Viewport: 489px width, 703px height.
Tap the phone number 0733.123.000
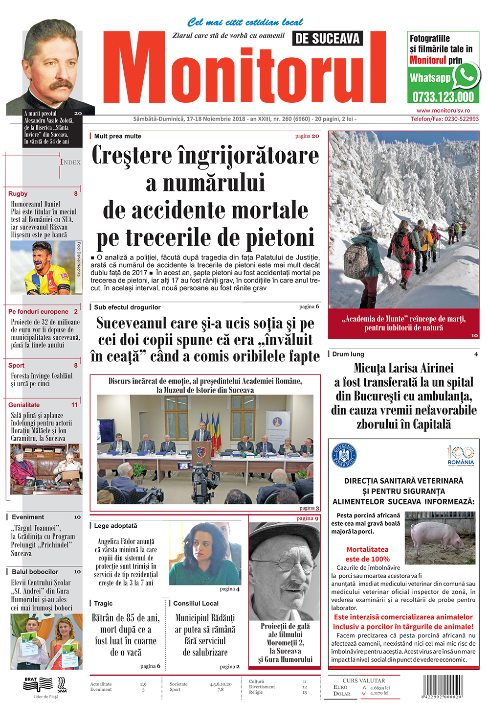pyautogui.click(x=443, y=96)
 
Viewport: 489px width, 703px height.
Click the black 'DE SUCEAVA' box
pyautogui.click(x=328, y=38)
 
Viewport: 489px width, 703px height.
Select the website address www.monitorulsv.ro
pyautogui.click(x=443, y=111)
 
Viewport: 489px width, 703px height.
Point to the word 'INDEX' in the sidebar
pyautogui.click(x=70, y=162)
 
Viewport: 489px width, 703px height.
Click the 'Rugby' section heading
pyautogui.click(x=18, y=193)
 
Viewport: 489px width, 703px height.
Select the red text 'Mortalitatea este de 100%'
pyautogui.click(x=367, y=554)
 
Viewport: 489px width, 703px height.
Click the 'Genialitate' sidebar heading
pyautogui.click(x=24, y=405)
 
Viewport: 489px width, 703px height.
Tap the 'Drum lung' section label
pyautogui.click(x=348, y=354)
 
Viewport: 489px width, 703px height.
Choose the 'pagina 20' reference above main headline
pyautogui.click(x=307, y=136)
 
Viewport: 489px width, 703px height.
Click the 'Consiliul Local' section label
pyautogui.click(x=196, y=604)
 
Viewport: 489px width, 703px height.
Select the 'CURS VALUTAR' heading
pyautogui.click(x=363, y=680)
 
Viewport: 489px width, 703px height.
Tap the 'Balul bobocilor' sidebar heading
pyautogui.click(x=35, y=572)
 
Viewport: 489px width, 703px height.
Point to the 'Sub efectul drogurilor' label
pyautogui.click(x=127, y=307)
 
